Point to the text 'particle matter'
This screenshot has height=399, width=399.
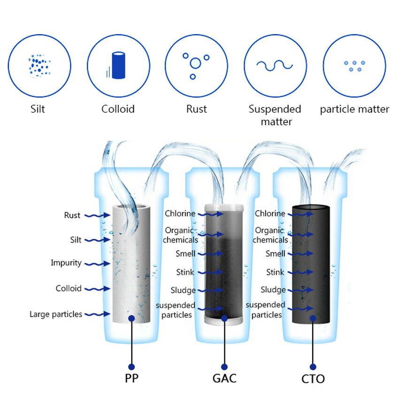[x=354, y=109]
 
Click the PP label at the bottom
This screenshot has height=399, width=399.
[x=131, y=378]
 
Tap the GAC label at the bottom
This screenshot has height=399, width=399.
[x=224, y=378]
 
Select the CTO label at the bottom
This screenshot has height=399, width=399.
[x=313, y=378]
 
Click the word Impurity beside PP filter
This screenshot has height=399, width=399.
[x=66, y=263]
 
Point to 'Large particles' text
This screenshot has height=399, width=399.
[x=56, y=314]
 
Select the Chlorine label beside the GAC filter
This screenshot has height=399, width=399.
[x=180, y=214]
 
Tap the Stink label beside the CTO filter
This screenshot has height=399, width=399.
[x=275, y=272]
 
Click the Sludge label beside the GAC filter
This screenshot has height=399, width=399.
[x=183, y=290]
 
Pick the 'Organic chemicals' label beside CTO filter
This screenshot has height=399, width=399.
[x=270, y=235]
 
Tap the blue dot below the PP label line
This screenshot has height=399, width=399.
[x=131, y=367]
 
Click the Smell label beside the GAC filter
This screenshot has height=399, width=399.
[x=184, y=253]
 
